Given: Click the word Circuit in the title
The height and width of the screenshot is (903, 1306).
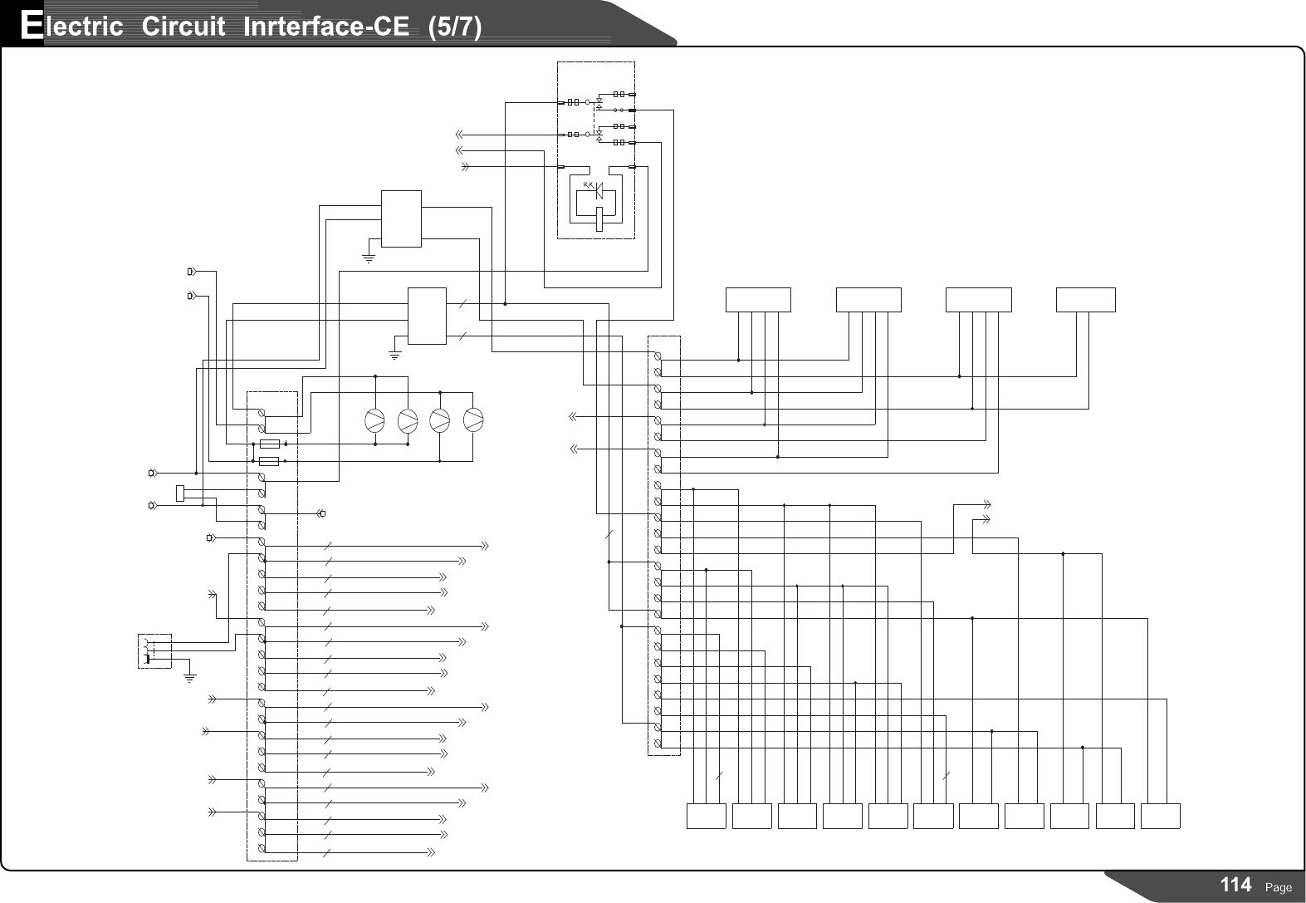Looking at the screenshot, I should tap(183, 27).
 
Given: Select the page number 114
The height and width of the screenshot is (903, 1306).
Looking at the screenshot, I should tap(1235, 885).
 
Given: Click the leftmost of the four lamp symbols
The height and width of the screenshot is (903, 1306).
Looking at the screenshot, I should tap(375, 420).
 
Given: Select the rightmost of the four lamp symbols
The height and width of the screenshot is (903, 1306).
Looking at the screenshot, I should tap(472, 420).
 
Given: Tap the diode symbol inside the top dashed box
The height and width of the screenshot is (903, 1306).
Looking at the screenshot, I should tap(599, 189).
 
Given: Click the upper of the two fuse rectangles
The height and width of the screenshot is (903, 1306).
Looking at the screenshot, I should tap(269, 444).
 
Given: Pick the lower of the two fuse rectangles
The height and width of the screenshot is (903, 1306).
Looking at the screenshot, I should tap(269, 460).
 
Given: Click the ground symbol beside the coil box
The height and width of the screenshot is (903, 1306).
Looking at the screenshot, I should tap(189, 676).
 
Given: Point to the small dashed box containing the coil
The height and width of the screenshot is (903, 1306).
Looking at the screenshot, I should tap(154, 651).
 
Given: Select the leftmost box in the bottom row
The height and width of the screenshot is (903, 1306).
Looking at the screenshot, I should tap(706, 816).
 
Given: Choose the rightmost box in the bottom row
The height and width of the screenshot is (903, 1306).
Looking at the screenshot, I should tap(1160, 816).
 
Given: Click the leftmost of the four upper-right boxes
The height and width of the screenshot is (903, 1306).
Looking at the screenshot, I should tap(758, 300).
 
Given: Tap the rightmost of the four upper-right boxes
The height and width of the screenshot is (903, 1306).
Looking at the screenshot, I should tap(1085, 300).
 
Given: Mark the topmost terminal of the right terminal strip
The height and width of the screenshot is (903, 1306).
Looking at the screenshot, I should tap(658, 356).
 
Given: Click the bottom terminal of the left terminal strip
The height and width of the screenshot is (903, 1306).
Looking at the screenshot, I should tap(262, 848).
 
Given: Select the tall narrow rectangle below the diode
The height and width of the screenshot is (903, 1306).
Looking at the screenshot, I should tap(599, 218).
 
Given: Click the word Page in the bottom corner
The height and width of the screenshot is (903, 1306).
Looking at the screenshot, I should tap(1279, 887).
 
